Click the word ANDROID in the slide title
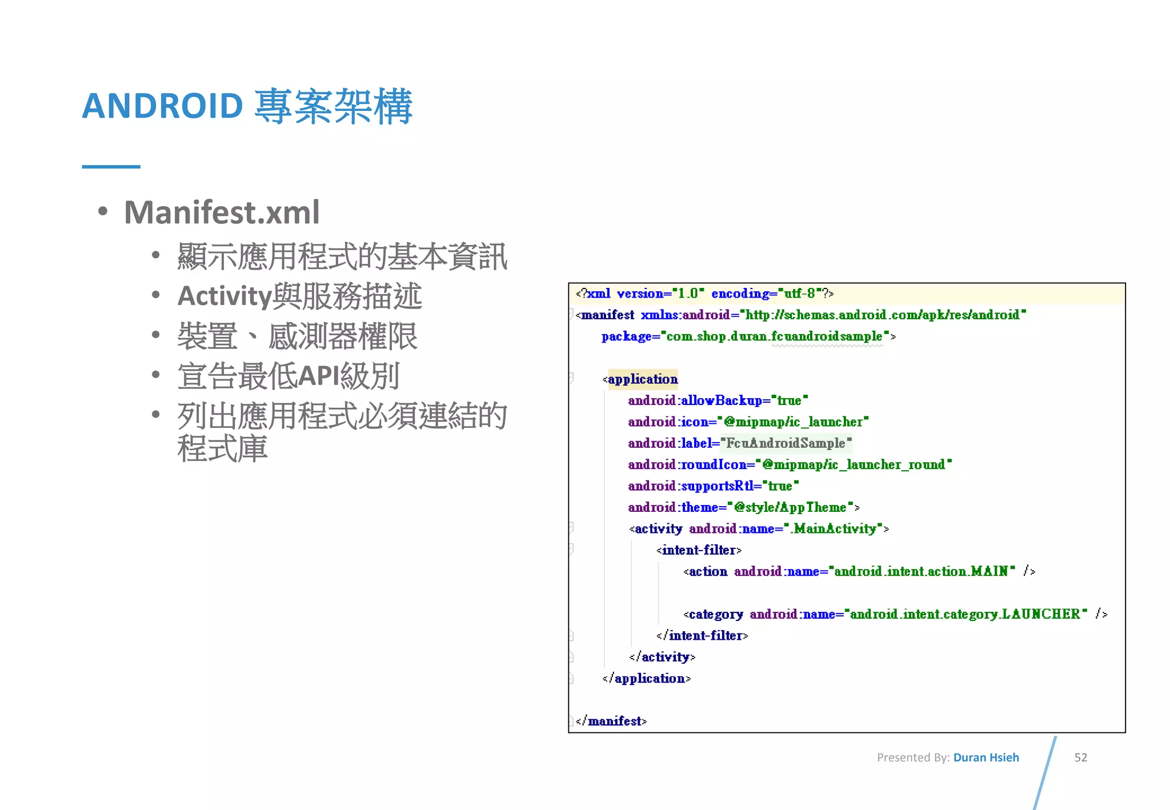[x=163, y=106]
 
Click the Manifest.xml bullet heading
[x=222, y=212]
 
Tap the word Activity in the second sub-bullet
[x=225, y=296]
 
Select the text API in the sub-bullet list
[x=319, y=376]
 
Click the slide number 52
[x=1080, y=757]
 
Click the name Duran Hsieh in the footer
[x=986, y=757]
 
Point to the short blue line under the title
[x=111, y=167]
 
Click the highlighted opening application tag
[x=643, y=379]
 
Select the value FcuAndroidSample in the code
[x=786, y=443]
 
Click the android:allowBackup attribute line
[x=718, y=400]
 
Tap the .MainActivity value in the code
[x=835, y=529]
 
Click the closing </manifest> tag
[x=611, y=721]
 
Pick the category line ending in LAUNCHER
[x=895, y=614]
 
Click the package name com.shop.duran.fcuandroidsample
[x=774, y=336]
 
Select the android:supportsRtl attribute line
[x=713, y=486]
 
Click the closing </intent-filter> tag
[x=702, y=636]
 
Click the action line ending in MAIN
[x=859, y=571]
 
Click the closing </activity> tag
[x=662, y=657]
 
